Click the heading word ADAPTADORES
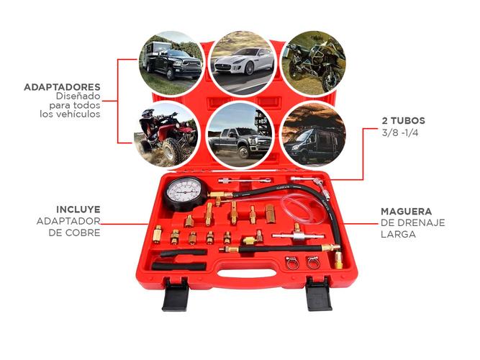(x=62, y=87)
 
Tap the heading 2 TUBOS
(x=403, y=121)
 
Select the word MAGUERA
(x=407, y=212)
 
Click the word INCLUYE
(x=78, y=209)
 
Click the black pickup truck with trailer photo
(x=169, y=63)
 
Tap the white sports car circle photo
(x=242, y=63)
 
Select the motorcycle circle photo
(x=312, y=63)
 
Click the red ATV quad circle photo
(x=167, y=135)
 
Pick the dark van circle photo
(x=312, y=135)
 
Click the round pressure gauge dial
(x=186, y=192)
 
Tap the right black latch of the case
(x=318, y=296)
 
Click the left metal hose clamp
(x=293, y=261)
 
